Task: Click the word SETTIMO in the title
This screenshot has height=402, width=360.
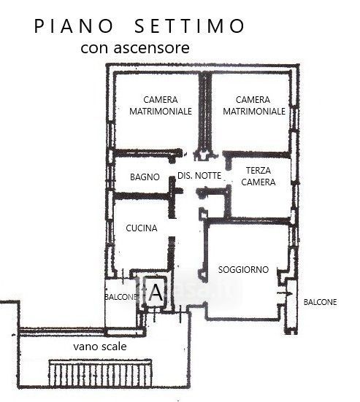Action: point(189,26)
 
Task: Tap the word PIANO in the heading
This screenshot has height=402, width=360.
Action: point(74,26)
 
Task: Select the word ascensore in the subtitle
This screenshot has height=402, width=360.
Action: point(152,47)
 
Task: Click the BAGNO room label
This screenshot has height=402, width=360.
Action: point(145,177)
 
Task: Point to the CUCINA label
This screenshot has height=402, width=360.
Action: point(142,228)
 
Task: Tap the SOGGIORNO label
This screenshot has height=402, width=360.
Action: point(243,269)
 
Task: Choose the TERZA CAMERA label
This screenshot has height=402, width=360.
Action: point(258,176)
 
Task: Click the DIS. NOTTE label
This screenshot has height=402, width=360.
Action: point(199,176)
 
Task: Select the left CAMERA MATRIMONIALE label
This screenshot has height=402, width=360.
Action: point(161,105)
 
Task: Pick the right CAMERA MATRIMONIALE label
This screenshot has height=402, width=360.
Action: point(254,105)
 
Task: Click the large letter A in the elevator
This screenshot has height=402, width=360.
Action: point(156,293)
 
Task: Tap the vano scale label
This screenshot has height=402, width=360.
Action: point(100,347)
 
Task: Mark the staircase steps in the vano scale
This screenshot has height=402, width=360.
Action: point(100,373)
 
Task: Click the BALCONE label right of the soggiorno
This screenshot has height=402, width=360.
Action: point(320,302)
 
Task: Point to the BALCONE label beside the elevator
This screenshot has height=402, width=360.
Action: point(120,297)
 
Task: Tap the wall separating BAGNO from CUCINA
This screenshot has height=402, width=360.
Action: point(142,196)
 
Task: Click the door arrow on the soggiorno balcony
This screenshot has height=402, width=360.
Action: point(286,293)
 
